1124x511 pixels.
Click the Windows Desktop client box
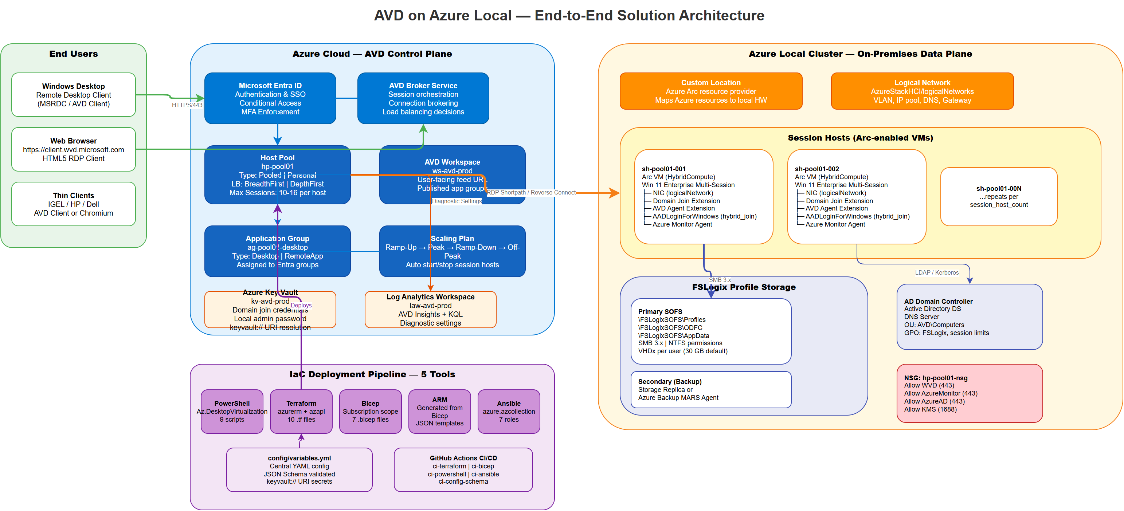tap(73, 95)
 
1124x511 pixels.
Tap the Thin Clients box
tap(73, 204)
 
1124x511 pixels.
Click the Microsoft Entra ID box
tap(270, 99)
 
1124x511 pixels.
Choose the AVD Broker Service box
tap(423, 99)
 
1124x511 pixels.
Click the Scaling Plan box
tap(452, 252)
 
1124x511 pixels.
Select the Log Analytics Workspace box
tap(430, 310)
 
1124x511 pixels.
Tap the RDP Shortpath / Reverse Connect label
tap(530, 192)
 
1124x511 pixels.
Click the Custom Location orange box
tap(710, 91)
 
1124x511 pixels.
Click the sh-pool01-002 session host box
tap(856, 197)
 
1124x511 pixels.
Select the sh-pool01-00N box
tap(998, 197)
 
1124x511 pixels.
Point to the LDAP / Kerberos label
tap(936, 272)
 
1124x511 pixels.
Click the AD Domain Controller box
tap(969, 317)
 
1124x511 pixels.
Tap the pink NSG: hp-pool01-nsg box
tap(969, 393)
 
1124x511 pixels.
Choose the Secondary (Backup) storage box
tap(710, 389)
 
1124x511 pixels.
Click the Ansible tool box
tap(508, 411)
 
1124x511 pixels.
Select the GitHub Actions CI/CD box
tap(463, 469)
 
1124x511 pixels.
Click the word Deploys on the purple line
tap(301, 305)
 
